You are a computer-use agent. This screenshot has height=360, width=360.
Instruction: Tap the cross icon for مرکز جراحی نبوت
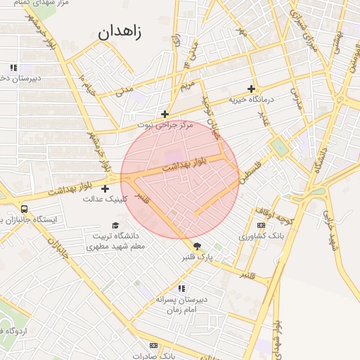click(165, 114)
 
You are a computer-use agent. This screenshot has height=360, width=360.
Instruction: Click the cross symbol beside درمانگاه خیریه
click(251, 89)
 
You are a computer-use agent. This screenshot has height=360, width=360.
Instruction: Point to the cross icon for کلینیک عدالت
click(105, 188)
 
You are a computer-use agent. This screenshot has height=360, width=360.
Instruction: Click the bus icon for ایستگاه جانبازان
click(25, 209)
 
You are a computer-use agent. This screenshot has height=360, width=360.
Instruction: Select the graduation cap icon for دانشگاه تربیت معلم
click(115, 225)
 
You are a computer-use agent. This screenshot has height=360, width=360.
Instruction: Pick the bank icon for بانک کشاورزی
click(262, 225)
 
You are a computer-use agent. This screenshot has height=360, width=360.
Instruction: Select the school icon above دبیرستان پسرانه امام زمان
click(181, 288)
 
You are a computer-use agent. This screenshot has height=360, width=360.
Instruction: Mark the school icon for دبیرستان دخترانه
click(13, 68)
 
